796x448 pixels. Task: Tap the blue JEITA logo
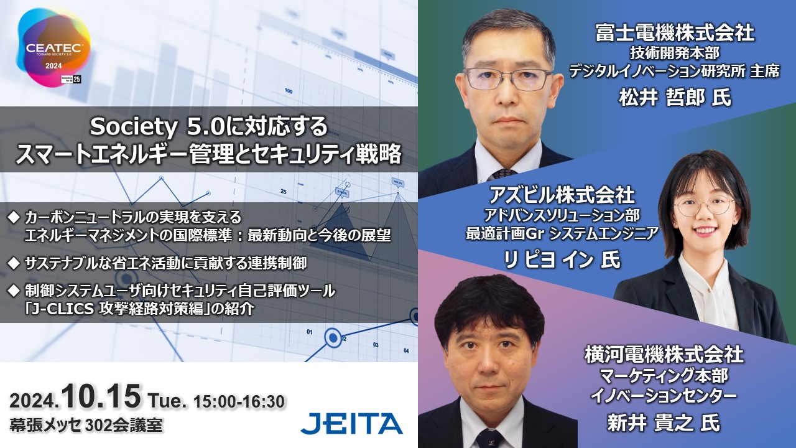click(352, 424)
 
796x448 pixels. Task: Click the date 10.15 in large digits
click(101, 397)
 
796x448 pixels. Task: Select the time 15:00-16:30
click(239, 401)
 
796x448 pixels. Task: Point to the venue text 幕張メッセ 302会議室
click(86, 425)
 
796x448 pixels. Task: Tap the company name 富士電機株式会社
click(675, 33)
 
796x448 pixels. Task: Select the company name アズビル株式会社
click(562, 195)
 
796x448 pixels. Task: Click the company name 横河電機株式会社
click(664, 355)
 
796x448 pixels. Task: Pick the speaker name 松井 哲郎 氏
click(675, 97)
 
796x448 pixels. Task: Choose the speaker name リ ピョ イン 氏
click(562, 259)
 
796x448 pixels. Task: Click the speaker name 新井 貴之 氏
click(664, 423)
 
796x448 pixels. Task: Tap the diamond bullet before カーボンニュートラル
click(14, 217)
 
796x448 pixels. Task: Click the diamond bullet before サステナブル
click(14, 263)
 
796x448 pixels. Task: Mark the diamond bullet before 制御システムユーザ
click(14, 291)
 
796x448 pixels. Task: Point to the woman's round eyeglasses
click(703, 206)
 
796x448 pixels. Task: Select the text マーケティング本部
click(664, 376)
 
